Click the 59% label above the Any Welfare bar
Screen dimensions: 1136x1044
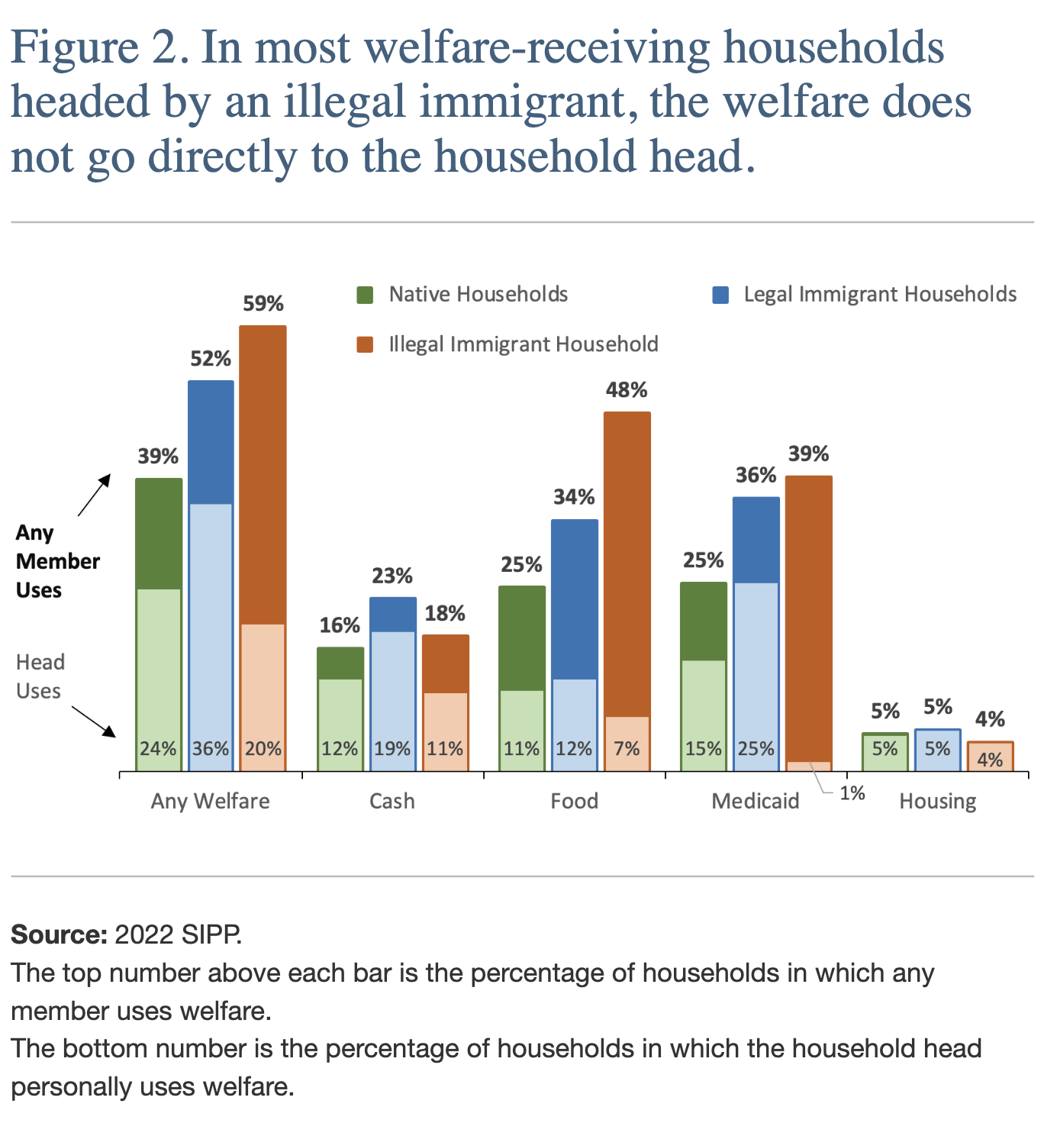tap(263, 304)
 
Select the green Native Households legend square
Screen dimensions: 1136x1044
tap(366, 295)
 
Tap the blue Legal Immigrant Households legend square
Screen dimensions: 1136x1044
tap(720, 295)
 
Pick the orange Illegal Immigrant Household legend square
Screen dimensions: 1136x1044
tap(366, 344)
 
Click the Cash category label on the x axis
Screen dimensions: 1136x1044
tap(392, 801)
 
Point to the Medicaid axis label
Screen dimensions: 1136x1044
tap(756, 801)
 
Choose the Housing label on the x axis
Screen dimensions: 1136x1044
tap(937, 801)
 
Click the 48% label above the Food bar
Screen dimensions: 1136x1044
tap(627, 390)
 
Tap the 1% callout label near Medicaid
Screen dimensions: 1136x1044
tap(852, 793)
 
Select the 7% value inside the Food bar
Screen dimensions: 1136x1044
tap(627, 748)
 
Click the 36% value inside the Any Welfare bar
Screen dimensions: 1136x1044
tap(211, 748)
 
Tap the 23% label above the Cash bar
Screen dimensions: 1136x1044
tap(392, 576)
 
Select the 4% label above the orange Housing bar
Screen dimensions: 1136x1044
tap(990, 719)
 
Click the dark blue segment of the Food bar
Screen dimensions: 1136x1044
tap(575, 599)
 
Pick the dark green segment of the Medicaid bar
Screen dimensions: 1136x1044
tap(704, 621)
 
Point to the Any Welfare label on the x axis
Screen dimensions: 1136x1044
tap(211, 801)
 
